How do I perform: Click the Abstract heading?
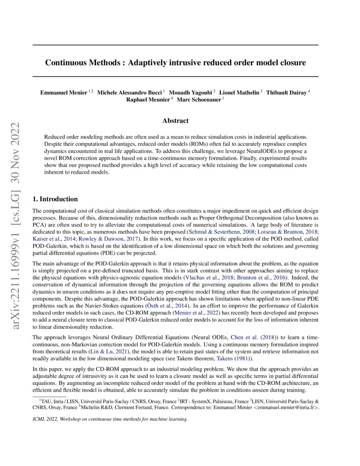175,121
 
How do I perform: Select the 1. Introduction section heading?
55,199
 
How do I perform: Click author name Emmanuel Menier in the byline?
64,92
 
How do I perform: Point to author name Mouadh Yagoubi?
191,92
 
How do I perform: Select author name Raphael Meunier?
148,100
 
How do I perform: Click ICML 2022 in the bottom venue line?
44,419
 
